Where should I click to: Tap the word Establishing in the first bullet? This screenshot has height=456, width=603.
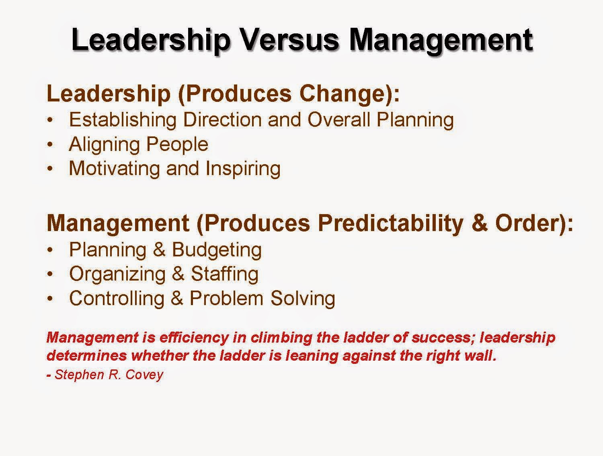(x=123, y=120)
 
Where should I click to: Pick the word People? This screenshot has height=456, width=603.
(x=177, y=144)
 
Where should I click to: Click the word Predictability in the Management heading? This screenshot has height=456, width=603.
(x=391, y=223)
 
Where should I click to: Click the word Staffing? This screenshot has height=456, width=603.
(x=225, y=274)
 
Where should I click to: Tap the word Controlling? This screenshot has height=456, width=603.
(x=117, y=299)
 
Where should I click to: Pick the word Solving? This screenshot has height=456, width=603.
(x=303, y=299)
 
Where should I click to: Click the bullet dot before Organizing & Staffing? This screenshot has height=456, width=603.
(x=50, y=274)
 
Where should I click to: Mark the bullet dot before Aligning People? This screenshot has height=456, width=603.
(x=50, y=144)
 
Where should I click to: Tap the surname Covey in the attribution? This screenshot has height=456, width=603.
(x=144, y=375)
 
